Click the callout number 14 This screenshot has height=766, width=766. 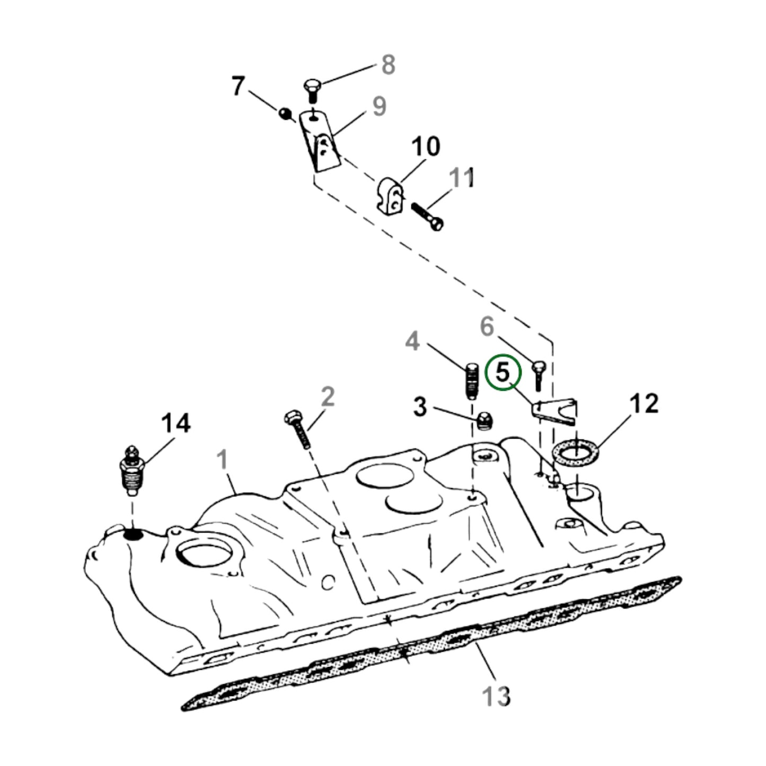pos(175,424)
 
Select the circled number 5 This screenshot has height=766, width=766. pos(502,373)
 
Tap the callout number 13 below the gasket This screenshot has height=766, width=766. pos(496,695)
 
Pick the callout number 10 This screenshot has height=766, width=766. pos(425,146)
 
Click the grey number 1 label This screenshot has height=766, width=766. pos(223,460)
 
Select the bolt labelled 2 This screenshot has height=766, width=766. pos(299,429)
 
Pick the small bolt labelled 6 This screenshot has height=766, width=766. pos(539,374)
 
